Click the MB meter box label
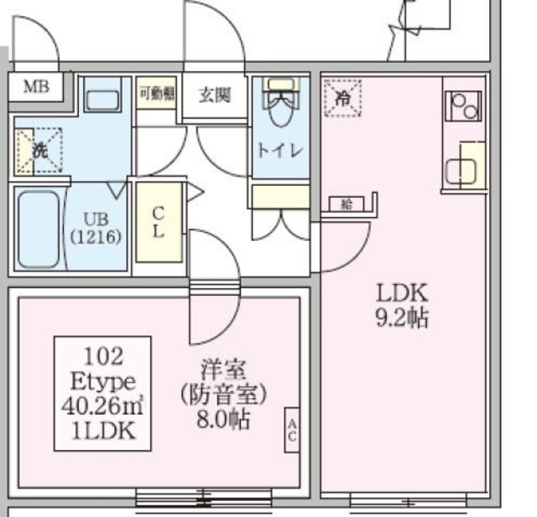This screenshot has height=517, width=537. [x=35, y=85]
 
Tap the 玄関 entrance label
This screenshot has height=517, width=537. [x=215, y=95]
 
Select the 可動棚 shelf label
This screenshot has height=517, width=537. [x=156, y=94]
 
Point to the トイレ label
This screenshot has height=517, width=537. [x=280, y=152]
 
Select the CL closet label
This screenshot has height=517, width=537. [x=158, y=221]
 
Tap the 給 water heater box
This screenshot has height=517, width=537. [x=347, y=203]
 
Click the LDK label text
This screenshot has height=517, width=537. [x=402, y=294]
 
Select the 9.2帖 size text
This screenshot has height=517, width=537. [x=402, y=318]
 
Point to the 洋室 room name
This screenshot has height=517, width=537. [x=222, y=368]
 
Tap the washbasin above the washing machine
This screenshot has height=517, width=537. [x=104, y=100]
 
